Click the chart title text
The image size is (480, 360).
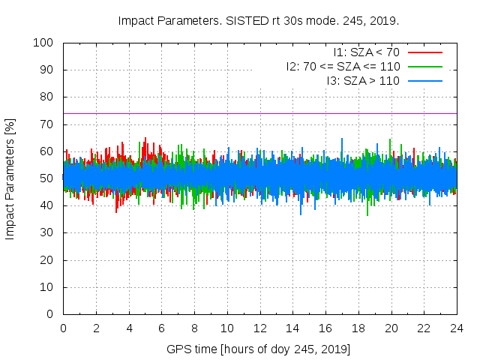pos(259,21)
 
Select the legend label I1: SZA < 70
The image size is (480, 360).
pos(366,52)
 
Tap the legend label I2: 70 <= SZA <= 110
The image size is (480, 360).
pos(343,67)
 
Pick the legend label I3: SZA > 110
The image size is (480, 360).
pos(363,80)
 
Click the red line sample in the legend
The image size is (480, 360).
pos(424,52)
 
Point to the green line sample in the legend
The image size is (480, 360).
pos(424,67)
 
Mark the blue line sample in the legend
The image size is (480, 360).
pos(424,80)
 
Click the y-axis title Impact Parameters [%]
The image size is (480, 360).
pos(10,178)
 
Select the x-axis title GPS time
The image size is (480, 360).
pos(259,349)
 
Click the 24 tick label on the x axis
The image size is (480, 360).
pos(457,328)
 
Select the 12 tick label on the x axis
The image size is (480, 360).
pos(259,328)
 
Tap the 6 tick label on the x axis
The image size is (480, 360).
pos(161,328)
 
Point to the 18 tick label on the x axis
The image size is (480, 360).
pos(358,328)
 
